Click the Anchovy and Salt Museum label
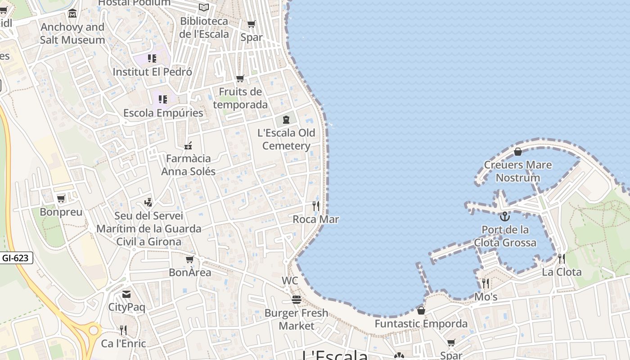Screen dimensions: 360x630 coord(72,33)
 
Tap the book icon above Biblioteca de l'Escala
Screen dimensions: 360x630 coord(204,7)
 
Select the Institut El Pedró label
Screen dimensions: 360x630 coord(152,72)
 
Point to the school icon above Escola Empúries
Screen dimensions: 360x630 coord(162,99)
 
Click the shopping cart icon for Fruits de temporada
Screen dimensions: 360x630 coord(240,79)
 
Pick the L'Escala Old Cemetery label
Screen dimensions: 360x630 coord(286,139)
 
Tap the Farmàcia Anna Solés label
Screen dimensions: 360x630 coord(188,165)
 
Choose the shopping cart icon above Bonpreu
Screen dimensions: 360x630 coord(61,198)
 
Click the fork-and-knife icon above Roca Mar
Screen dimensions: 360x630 coord(316,206)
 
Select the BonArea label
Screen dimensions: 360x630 coord(190,272)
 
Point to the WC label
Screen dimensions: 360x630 coord(290,281)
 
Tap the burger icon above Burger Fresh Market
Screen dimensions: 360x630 coord(296,299)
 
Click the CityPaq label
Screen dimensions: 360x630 coord(126,307)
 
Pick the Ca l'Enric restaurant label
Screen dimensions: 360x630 coord(123,343)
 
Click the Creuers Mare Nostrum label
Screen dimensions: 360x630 coord(517,171)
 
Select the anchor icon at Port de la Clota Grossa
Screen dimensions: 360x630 coord(505,216)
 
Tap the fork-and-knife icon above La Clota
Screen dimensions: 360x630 coord(562,258)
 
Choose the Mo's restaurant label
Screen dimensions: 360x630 coord(486,297)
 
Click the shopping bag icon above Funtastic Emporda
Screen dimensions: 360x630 coord(421,310)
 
